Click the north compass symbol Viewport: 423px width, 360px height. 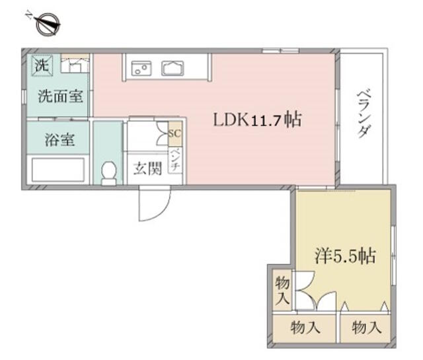48,24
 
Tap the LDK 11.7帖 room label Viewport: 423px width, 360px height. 257,120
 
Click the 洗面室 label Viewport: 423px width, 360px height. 60,96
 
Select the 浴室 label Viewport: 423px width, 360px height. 59,140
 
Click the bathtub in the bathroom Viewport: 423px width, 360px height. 58,170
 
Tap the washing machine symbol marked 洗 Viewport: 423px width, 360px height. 42,65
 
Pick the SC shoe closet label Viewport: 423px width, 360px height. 174,133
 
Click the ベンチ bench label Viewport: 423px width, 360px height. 175,160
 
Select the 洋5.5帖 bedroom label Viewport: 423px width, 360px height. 345,256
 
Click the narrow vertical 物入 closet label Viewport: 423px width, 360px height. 282,291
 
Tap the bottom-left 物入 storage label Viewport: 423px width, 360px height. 305,328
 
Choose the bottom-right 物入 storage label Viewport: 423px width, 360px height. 367,328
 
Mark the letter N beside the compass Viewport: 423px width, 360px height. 28,15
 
